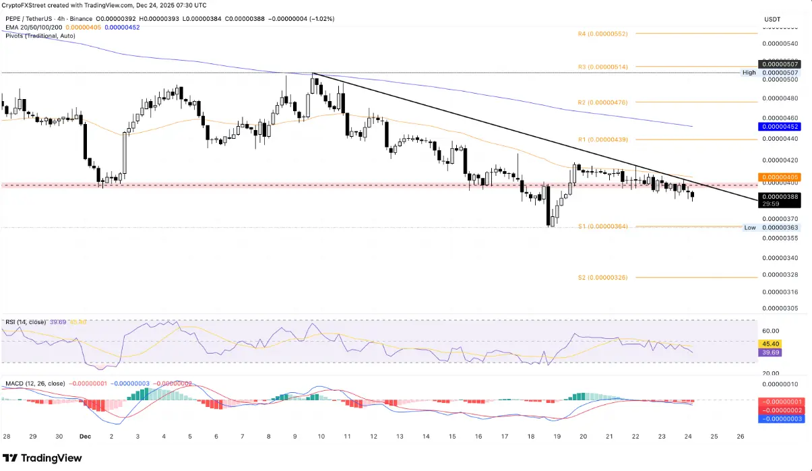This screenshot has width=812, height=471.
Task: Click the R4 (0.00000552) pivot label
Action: pos(602,33)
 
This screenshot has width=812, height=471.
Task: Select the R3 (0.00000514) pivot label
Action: pos(602,67)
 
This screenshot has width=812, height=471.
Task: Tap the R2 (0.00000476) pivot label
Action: pos(602,102)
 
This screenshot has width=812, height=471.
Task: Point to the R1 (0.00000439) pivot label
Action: pos(602,139)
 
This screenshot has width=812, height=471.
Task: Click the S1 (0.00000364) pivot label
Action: pos(602,226)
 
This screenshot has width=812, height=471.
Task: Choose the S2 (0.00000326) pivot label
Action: pos(602,278)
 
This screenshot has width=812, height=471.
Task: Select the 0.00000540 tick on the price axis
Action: pos(780,44)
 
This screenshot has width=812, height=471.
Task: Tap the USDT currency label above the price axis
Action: pos(772,20)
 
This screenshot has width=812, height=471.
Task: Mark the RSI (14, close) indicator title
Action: pos(25,323)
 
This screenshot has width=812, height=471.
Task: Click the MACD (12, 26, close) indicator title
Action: pos(35,383)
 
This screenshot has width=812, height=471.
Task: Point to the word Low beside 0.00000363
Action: pos(749,228)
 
